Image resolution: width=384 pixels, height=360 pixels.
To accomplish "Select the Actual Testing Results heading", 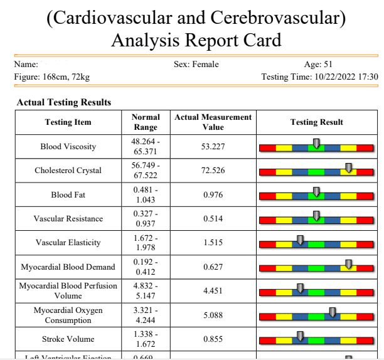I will pyautogui.click(x=64, y=102).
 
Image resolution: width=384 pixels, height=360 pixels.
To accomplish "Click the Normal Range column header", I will pyautogui.click(x=146, y=122).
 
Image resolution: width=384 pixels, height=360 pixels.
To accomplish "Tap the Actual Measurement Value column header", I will pyautogui.click(x=213, y=122).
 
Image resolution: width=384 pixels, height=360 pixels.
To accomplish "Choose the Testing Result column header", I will pyautogui.click(x=317, y=122).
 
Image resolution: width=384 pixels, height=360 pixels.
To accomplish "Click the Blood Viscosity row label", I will pyautogui.click(x=68, y=147).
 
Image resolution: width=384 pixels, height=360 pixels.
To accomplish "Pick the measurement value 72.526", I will pyautogui.click(x=213, y=171).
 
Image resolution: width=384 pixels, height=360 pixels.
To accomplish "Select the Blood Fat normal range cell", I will pyautogui.click(x=146, y=194).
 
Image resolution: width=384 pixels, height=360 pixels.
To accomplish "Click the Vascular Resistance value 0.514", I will pyautogui.click(x=213, y=219).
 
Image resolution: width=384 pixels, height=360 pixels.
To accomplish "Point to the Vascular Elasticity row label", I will pyautogui.click(x=68, y=243).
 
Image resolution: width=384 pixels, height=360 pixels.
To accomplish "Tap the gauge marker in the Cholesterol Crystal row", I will pyautogui.click(x=349, y=168).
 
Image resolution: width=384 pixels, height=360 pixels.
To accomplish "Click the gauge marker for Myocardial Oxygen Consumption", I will pyautogui.click(x=333, y=312).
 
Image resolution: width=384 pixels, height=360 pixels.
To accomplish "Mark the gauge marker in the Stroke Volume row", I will pyautogui.click(x=300, y=336).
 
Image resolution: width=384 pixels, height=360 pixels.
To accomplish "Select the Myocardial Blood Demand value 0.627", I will pyautogui.click(x=213, y=267).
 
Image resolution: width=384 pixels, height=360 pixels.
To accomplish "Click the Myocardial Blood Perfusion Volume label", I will pyautogui.click(x=68, y=291).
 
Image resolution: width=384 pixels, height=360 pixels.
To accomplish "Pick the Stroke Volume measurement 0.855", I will pyautogui.click(x=213, y=339).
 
